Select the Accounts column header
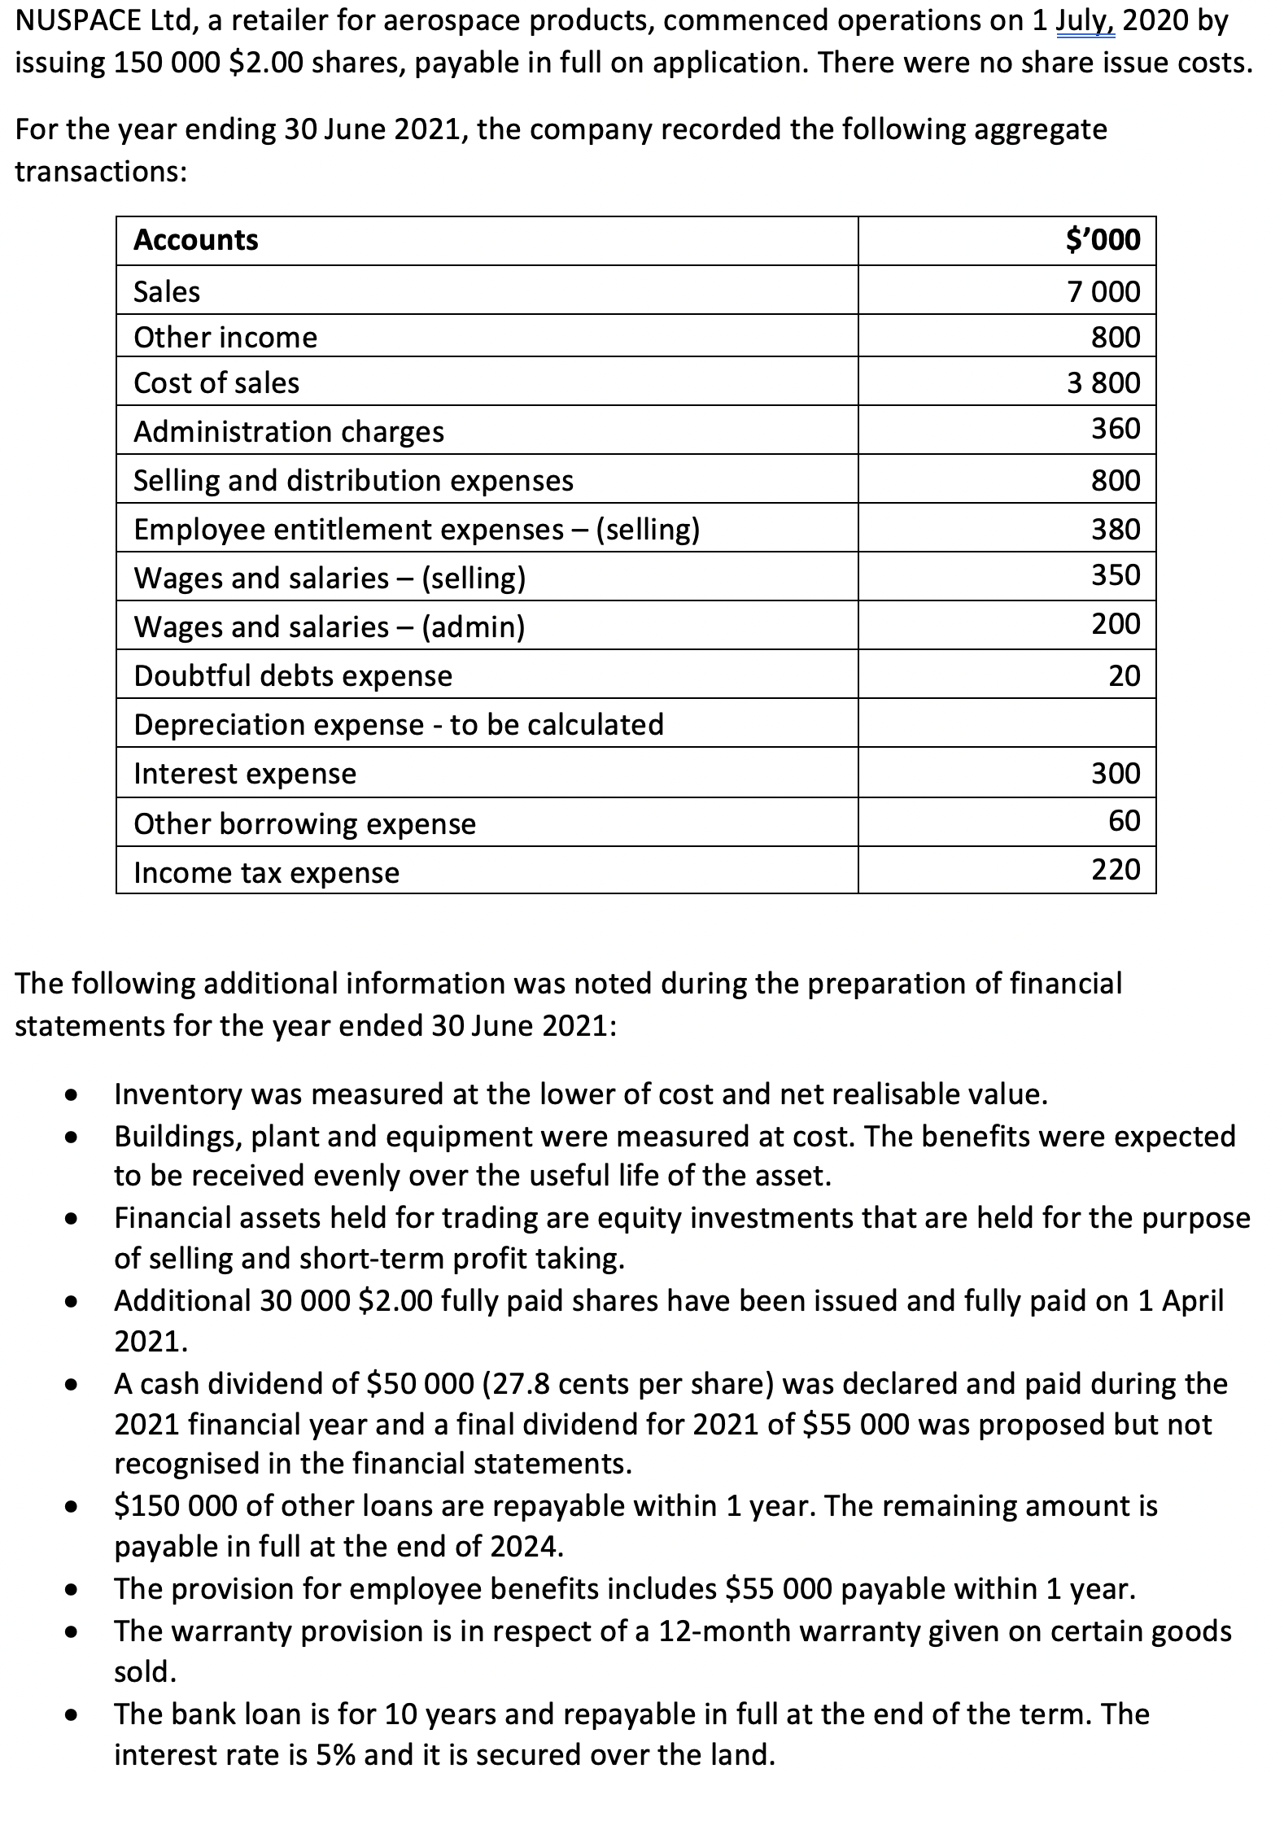[196, 240]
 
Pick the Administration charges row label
[289, 431]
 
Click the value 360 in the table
[1116, 428]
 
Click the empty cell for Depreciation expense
[1007, 723]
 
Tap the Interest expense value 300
[1116, 773]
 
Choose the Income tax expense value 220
[1116, 869]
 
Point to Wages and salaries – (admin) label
[330, 627]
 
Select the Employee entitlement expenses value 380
[1116, 529]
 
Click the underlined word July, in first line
[1085, 21]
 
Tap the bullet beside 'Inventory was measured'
[72, 1095]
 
